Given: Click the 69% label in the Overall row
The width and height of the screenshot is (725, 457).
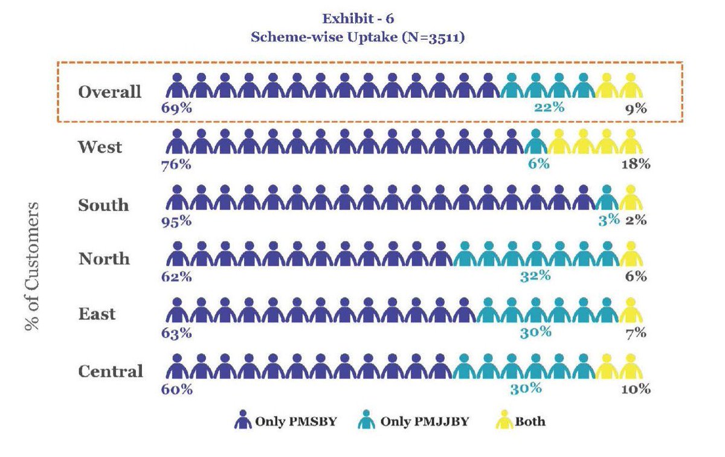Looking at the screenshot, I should (x=176, y=109).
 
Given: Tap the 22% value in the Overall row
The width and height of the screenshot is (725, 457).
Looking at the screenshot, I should (x=549, y=108).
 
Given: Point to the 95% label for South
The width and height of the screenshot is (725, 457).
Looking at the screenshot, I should (x=176, y=220).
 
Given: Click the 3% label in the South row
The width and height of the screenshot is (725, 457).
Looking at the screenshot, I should (x=609, y=220).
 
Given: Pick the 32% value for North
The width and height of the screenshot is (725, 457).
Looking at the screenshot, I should (x=535, y=276).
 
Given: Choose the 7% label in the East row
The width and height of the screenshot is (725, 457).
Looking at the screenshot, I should (x=636, y=332).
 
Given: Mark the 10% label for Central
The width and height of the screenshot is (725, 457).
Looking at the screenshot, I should (x=636, y=389).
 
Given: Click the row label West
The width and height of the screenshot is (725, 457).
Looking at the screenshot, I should (x=100, y=147).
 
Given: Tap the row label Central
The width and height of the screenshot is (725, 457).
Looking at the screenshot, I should (x=111, y=371).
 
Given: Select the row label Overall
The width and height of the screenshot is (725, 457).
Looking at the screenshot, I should (x=109, y=92).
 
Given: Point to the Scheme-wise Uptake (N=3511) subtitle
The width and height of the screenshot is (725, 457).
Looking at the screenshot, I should (x=358, y=36).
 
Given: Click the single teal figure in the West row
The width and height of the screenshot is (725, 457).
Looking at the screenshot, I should (x=535, y=142).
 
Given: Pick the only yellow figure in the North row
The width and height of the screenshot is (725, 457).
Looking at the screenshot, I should (x=631, y=255).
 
